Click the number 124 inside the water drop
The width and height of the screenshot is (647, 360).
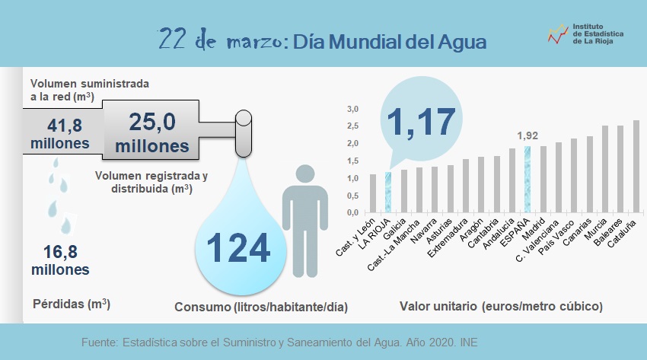[238, 248]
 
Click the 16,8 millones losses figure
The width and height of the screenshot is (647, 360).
[59, 259]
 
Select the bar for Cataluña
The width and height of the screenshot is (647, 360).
[636, 167]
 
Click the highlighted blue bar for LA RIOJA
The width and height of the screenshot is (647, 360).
[388, 193]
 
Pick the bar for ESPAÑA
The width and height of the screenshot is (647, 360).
[527, 180]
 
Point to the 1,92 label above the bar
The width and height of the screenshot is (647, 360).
[527, 136]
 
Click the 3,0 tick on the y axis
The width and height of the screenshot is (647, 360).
[352, 109]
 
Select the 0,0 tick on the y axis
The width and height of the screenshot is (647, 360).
[352, 212]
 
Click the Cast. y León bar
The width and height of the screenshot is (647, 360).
[372, 193]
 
